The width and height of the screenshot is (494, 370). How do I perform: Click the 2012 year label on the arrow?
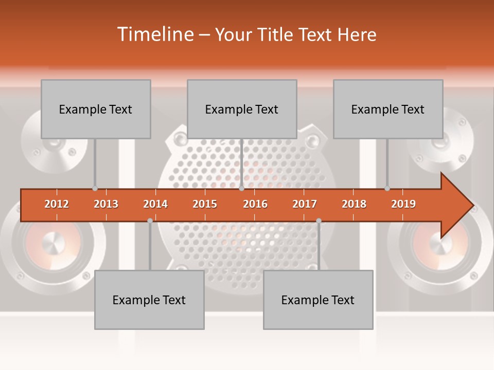(57, 204)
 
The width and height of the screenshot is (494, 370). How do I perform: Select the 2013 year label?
(106, 204)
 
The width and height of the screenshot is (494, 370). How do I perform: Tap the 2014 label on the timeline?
(155, 204)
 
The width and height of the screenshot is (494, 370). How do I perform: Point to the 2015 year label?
(205, 204)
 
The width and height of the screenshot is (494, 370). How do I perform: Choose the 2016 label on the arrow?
(255, 204)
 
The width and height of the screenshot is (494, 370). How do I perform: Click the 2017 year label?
(305, 204)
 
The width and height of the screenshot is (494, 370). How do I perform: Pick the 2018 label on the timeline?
(354, 204)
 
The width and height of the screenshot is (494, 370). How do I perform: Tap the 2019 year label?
(403, 204)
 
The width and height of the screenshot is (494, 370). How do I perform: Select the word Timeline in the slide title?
(154, 34)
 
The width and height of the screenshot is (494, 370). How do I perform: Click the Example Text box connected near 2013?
(96, 109)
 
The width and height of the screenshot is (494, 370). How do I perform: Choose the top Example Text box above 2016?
(242, 109)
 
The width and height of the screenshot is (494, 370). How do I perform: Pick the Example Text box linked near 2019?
(388, 109)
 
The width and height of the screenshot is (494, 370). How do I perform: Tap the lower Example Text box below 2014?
(149, 300)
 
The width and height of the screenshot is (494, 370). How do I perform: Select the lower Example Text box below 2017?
(318, 300)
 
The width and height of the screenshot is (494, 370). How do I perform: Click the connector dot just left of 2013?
(95, 189)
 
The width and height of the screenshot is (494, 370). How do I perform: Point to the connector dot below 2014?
(150, 220)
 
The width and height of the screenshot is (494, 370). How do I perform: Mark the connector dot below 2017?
(319, 220)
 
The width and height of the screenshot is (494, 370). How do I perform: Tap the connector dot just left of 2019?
(387, 189)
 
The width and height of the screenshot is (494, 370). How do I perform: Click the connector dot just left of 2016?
(241, 189)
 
